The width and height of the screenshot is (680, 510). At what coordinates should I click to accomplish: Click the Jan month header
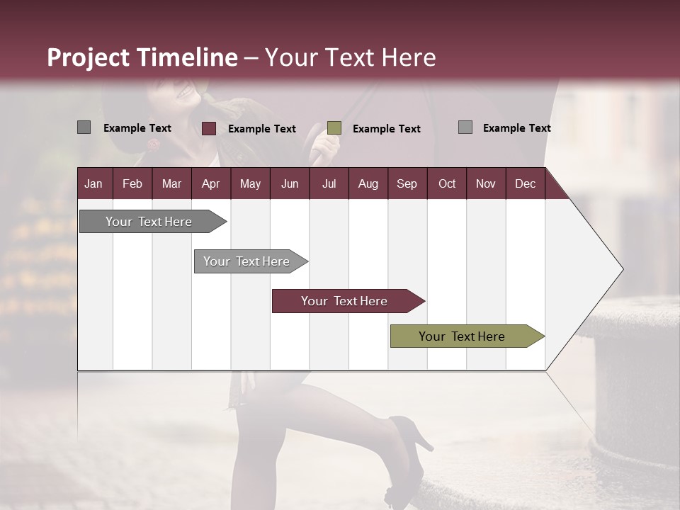click(93, 183)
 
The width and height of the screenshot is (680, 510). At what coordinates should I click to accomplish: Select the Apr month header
click(210, 183)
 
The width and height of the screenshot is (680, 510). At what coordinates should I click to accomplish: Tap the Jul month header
click(329, 183)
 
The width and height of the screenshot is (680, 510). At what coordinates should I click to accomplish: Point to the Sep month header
click(407, 183)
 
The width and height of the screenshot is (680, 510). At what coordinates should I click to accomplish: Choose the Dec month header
click(525, 183)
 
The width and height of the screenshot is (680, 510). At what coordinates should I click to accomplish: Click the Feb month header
click(132, 183)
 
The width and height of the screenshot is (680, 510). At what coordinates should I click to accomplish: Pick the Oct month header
click(447, 183)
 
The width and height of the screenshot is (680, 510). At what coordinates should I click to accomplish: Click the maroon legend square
click(209, 128)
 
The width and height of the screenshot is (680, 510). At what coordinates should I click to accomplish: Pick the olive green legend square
click(334, 127)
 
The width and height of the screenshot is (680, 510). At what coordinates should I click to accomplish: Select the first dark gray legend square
click(84, 127)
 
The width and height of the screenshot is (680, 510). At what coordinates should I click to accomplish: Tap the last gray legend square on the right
click(465, 127)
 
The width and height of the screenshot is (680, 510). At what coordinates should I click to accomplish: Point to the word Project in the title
click(89, 57)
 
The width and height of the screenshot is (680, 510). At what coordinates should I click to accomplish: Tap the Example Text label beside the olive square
click(386, 128)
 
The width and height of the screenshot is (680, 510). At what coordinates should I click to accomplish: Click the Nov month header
click(486, 183)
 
